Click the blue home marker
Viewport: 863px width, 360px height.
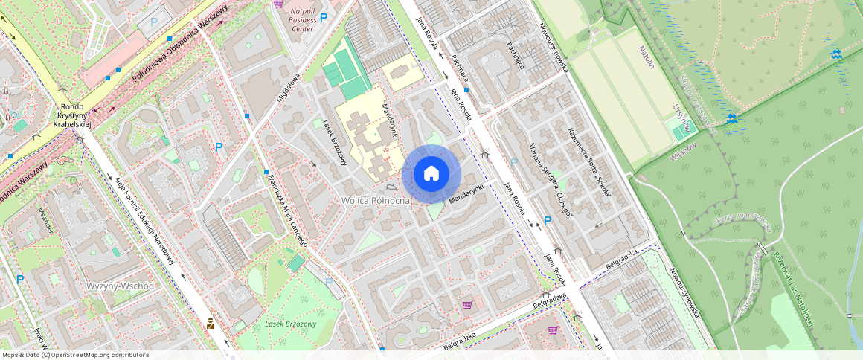pos(431,174)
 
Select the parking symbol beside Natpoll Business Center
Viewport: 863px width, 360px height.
pos(324,16)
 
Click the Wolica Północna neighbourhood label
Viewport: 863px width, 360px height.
pos(375,201)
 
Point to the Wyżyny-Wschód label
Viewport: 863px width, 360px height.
pos(120,286)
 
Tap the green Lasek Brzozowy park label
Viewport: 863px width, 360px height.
pos(290,324)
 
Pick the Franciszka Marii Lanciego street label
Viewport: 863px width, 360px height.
pos(291,208)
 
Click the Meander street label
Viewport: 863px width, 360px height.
pos(45,220)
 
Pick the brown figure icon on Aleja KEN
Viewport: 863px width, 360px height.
pos(211,324)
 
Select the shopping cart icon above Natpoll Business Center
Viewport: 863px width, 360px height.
pos(278,3)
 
